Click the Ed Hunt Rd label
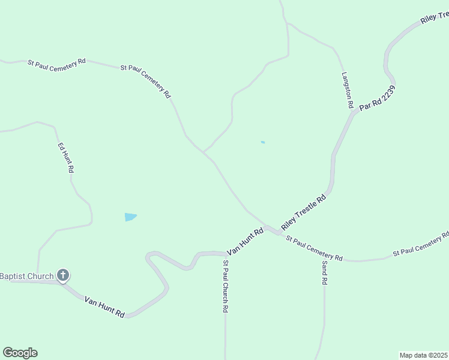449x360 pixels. click(x=65, y=158)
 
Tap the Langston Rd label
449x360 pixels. click(x=346, y=90)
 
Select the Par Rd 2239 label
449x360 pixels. click(x=378, y=98)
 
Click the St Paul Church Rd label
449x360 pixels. click(x=226, y=286)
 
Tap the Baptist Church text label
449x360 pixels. click(x=26, y=276)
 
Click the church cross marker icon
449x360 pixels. click(x=62, y=275)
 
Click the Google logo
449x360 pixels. click(x=20, y=353)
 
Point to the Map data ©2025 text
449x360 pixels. click(x=424, y=355)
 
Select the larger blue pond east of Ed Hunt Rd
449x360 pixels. click(x=130, y=217)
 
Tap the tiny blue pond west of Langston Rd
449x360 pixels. click(x=263, y=142)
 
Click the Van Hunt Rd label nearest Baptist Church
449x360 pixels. click(x=104, y=307)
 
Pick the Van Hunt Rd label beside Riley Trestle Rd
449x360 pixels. click(x=245, y=241)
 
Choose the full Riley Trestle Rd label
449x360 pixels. click(x=303, y=211)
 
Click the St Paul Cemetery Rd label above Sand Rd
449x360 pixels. click(x=314, y=248)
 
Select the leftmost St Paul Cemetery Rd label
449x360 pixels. click(x=56, y=62)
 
